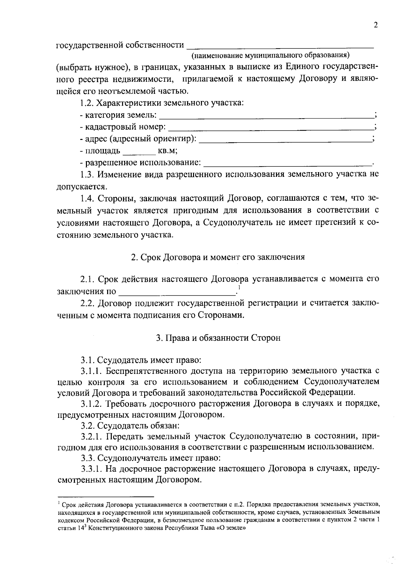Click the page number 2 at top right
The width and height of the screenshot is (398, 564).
click(375, 26)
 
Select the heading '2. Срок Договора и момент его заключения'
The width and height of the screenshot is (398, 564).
click(218, 257)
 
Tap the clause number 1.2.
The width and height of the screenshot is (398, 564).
click(87, 103)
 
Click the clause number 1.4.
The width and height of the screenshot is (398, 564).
click(88, 198)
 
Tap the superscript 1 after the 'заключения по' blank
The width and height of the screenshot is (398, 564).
click(239, 287)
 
